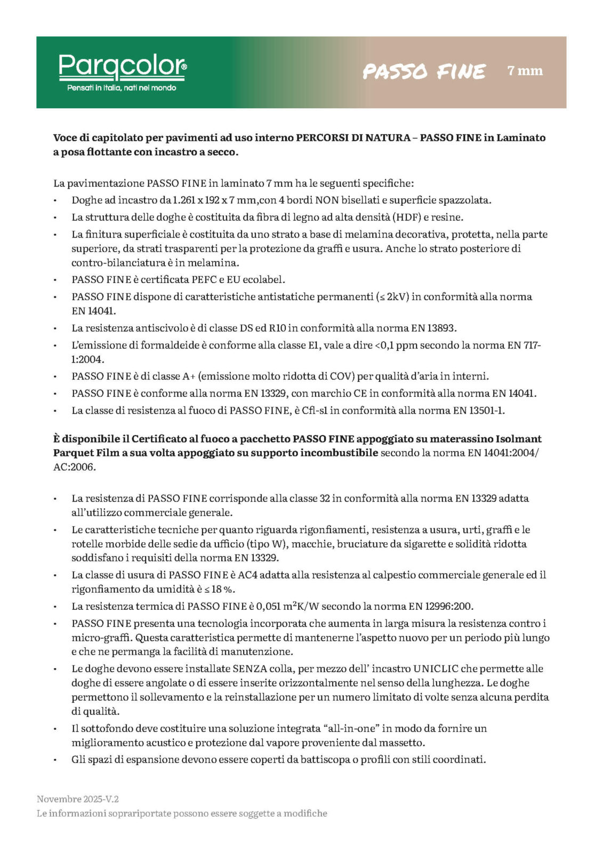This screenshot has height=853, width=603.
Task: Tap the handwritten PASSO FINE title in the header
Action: coord(424,71)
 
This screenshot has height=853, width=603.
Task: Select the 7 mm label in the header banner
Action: coord(525,71)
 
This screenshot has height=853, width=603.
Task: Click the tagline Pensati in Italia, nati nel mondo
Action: coord(122,88)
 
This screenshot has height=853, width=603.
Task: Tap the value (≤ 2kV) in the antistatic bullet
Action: coord(392,297)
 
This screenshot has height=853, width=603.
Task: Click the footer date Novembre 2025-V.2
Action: coord(78,799)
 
